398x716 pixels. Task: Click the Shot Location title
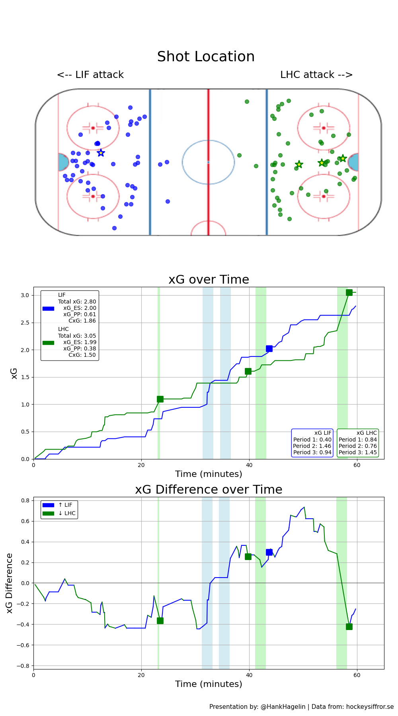pos(206,56)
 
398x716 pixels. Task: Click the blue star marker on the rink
pos(101,153)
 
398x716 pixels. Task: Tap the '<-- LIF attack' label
pos(90,75)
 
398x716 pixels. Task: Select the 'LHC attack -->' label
pos(316,75)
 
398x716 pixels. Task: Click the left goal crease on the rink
pos(63,162)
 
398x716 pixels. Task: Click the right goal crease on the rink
pos(353,162)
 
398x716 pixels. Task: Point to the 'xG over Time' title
pos(209,280)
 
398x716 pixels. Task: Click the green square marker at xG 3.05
pos(349,292)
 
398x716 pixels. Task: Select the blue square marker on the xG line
pos(269,348)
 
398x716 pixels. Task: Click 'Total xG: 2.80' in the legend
pos(77,302)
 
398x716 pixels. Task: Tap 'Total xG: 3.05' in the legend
pos(77,336)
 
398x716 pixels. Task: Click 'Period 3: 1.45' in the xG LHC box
pos(358,452)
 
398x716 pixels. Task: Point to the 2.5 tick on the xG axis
pos(25,323)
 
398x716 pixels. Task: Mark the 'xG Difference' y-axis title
pos(10,583)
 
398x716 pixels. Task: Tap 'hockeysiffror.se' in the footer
pos(370,706)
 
